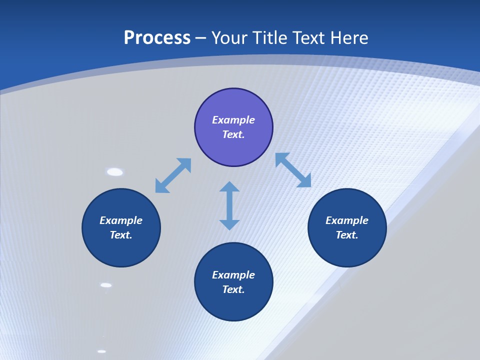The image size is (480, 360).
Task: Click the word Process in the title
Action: (157, 38)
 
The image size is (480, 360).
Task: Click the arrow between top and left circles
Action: (173, 175)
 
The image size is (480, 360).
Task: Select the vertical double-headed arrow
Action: (229, 205)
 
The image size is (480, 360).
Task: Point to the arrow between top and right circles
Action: (293, 170)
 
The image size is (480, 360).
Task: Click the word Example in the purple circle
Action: (233, 120)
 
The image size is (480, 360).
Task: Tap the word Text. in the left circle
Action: (121, 235)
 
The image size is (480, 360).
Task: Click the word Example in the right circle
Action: (347, 220)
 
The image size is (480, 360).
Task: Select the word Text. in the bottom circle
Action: (233, 289)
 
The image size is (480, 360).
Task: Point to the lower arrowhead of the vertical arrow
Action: (229, 224)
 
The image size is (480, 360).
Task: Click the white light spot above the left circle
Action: (115, 172)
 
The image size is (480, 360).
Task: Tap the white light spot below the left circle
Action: (106, 285)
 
